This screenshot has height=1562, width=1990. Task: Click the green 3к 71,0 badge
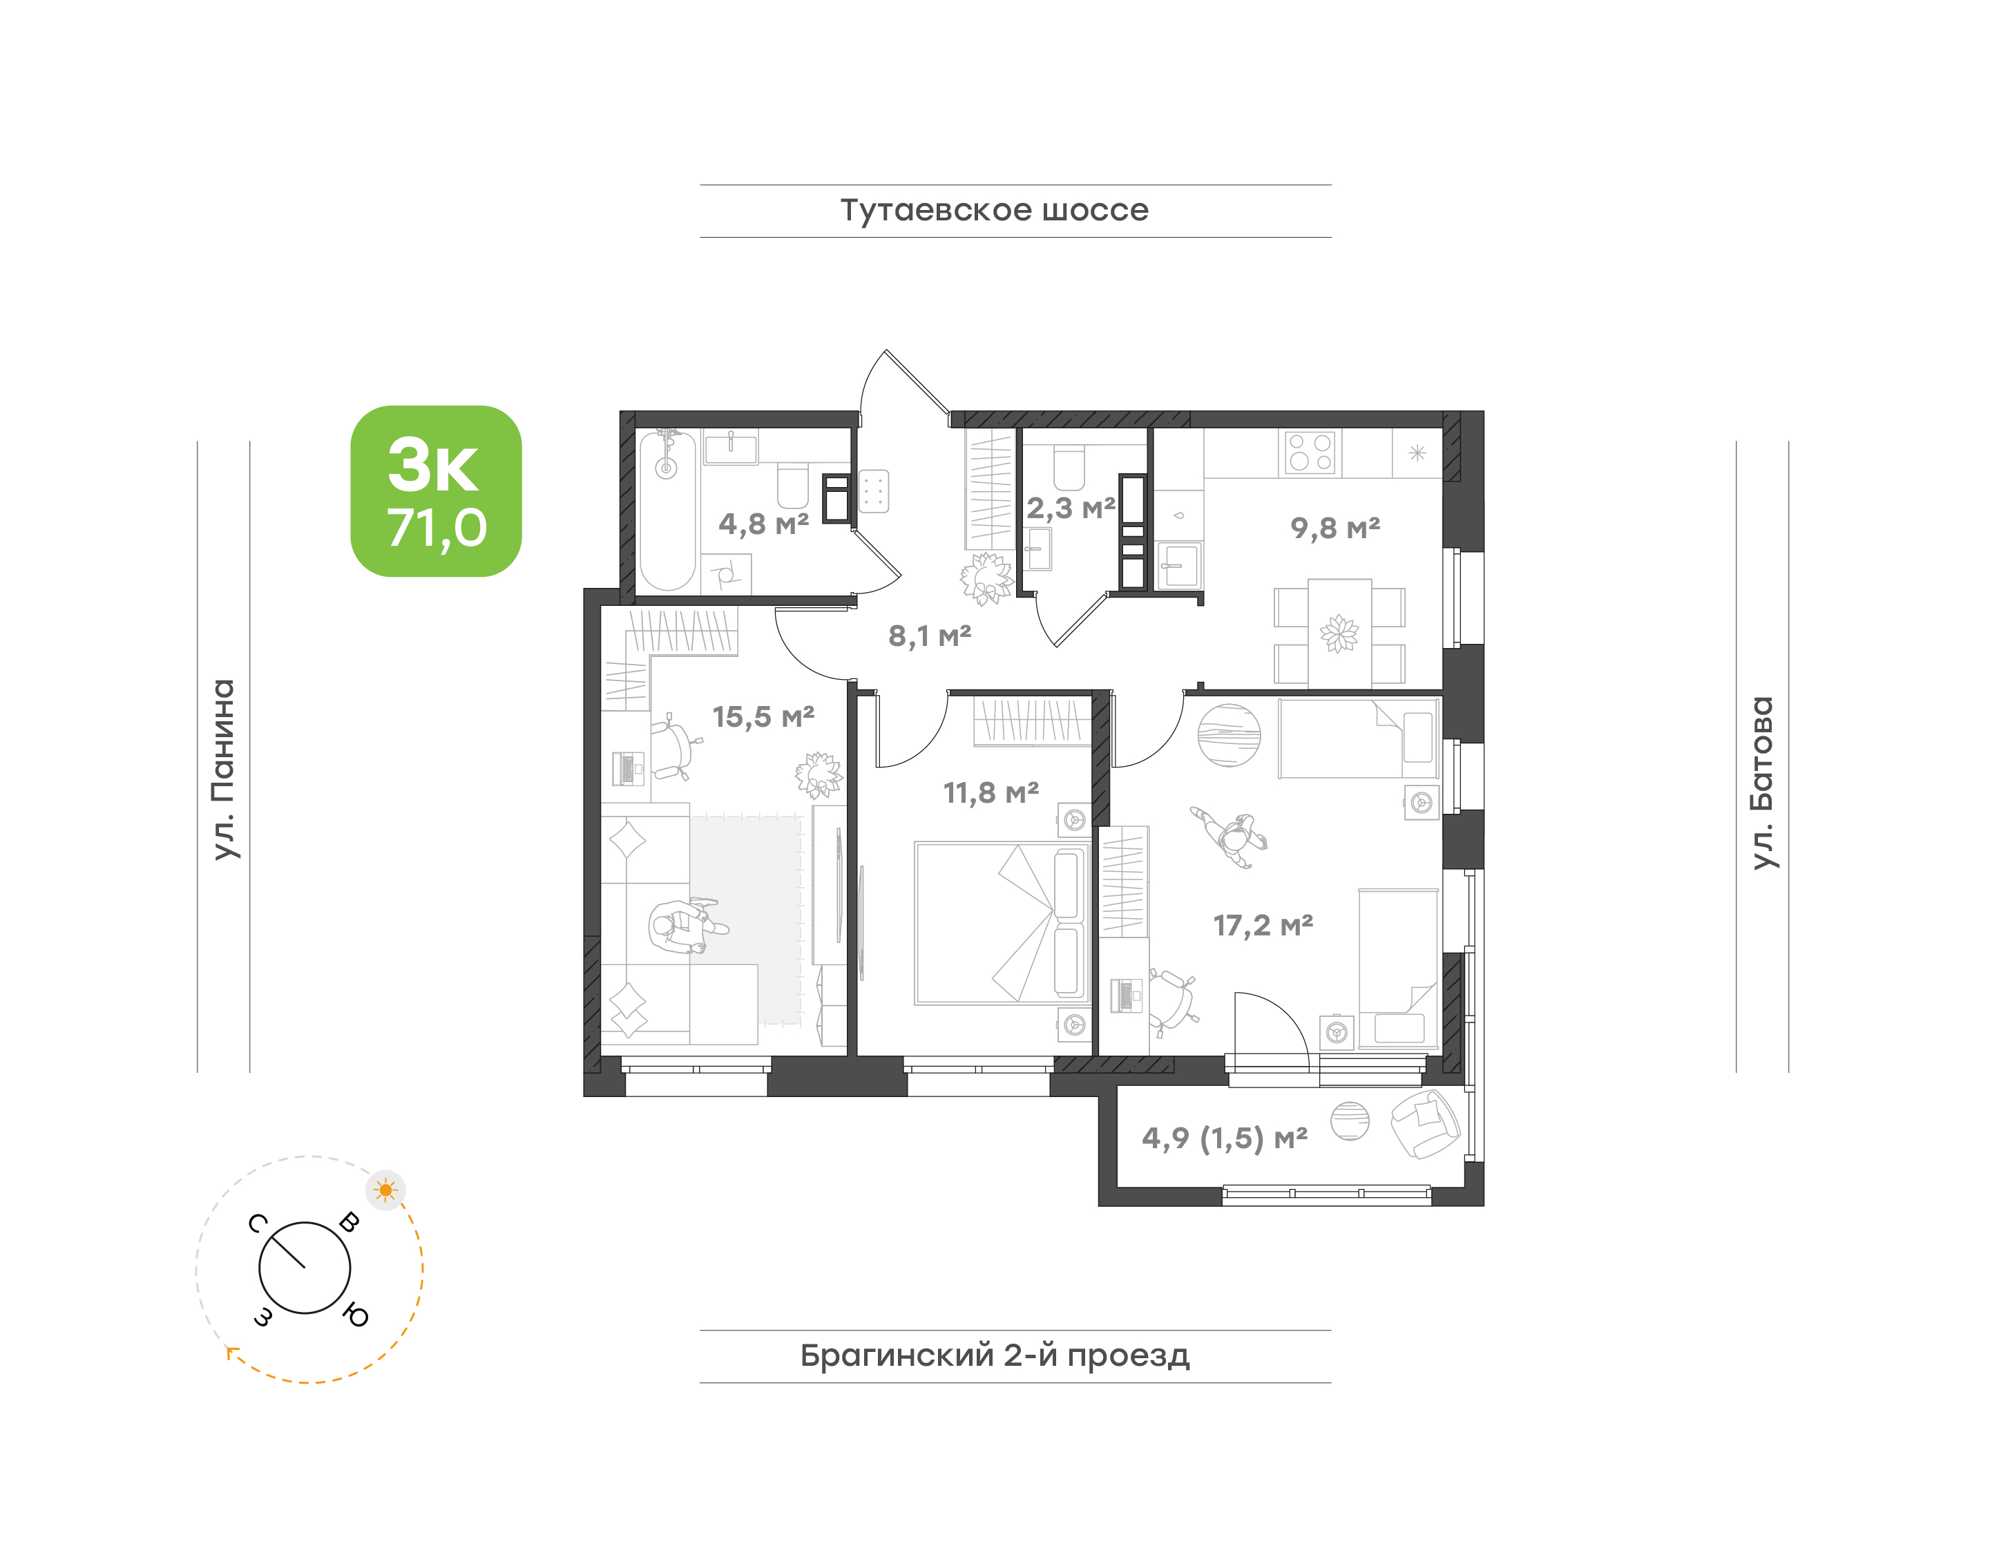coord(437,491)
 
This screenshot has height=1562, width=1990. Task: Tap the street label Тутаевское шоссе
coord(994,210)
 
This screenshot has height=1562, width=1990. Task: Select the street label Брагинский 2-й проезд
coord(995,1355)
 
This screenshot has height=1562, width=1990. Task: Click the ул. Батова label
coord(1762,783)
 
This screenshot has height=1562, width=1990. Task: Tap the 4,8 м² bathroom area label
coord(764,524)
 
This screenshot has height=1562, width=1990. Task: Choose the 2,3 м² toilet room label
coord(1070,508)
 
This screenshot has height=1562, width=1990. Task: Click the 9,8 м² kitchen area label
coord(1335,528)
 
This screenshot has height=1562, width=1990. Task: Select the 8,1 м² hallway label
coord(929,636)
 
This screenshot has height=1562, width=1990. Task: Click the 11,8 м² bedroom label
coord(991,793)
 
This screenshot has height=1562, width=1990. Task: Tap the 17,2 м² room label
coord(1263,926)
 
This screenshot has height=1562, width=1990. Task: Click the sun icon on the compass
coord(385,1190)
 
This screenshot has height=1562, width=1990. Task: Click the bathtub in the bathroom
coord(668,511)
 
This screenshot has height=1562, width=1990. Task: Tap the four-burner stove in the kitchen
coord(1310,453)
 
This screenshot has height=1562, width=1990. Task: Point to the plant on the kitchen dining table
coord(1339,633)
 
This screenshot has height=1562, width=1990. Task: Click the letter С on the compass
coord(258,1223)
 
